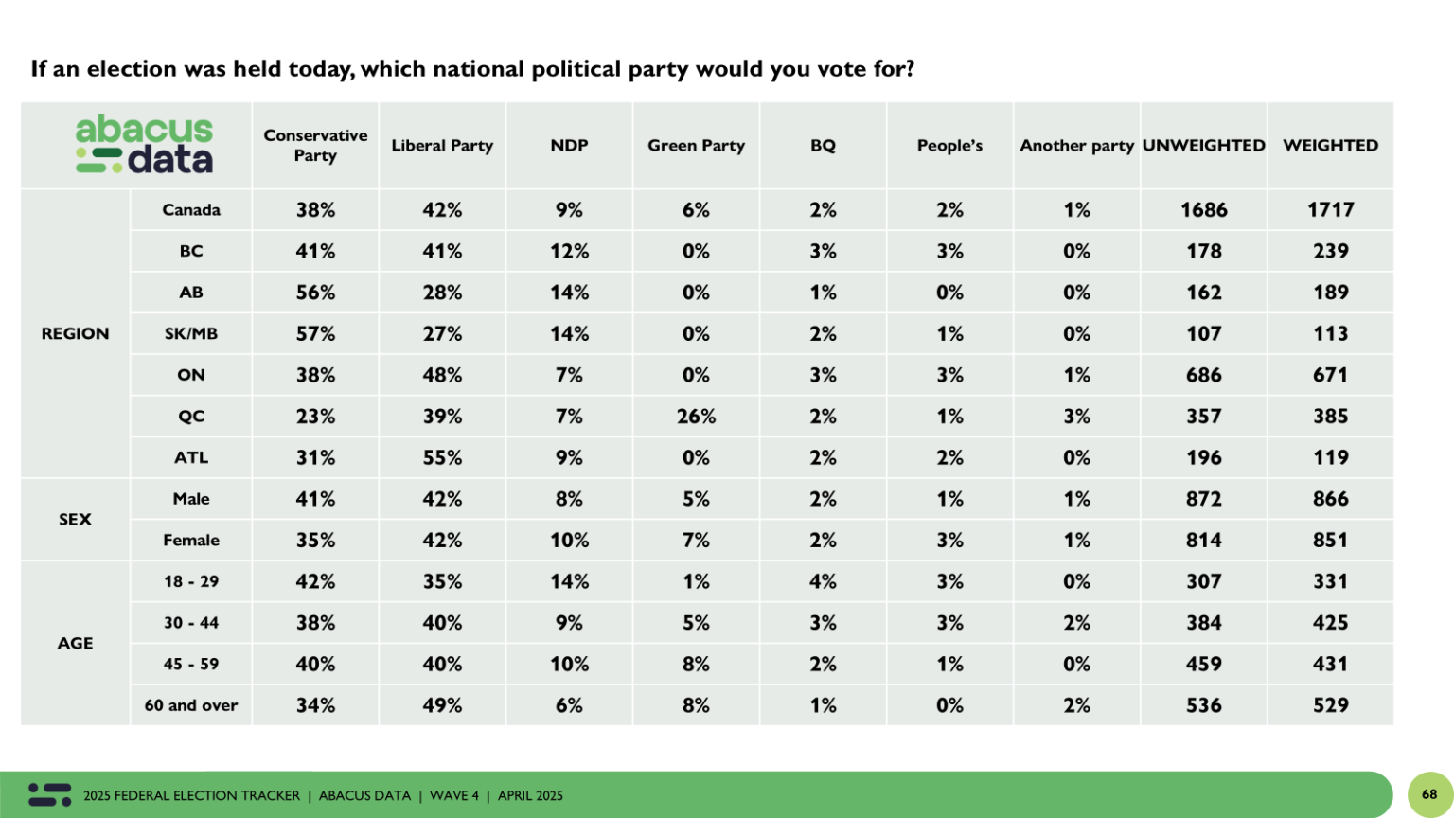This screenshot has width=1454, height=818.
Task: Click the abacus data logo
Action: pyautogui.click(x=144, y=145)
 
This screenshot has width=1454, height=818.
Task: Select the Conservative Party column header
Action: pyautogui.click(x=315, y=145)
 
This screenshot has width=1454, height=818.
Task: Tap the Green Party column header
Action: pyautogui.click(x=696, y=145)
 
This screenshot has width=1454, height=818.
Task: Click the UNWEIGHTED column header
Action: pyautogui.click(x=1203, y=145)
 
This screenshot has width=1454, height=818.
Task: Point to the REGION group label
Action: pyautogui.click(x=75, y=333)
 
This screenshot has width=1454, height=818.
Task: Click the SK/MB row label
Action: pyautogui.click(x=191, y=333)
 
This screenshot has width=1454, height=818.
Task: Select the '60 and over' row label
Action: pyautogui.click(x=191, y=705)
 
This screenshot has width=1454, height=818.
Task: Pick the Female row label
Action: pyautogui.click(x=191, y=540)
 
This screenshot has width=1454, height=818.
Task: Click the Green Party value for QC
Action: pyautogui.click(x=696, y=416)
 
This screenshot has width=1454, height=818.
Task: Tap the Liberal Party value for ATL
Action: pyautogui.click(x=442, y=457)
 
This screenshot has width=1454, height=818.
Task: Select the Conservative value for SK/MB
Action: pyautogui.click(x=315, y=333)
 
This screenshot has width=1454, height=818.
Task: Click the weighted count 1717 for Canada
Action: pyautogui.click(x=1330, y=209)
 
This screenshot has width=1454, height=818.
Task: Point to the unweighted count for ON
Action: pyautogui.click(x=1203, y=375)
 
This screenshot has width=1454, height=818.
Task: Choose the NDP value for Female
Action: pyautogui.click(x=569, y=540)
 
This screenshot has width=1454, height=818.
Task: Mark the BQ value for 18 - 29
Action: pyautogui.click(x=823, y=581)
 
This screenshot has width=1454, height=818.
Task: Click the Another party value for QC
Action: pyautogui.click(x=1076, y=416)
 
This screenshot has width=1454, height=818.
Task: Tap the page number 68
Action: pyautogui.click(x=1429, y=794)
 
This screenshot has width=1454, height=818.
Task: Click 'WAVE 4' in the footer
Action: pyautogui.click(x=454, y=795)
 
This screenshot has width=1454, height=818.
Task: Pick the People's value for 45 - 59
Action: pyautogui.click(x=949, y=664)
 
